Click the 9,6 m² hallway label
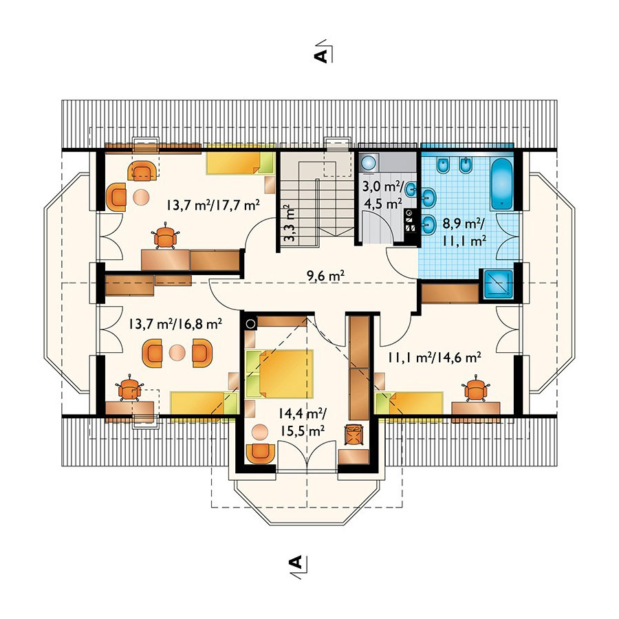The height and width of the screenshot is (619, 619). point(325,276)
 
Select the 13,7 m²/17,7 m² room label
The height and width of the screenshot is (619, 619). point(213,204)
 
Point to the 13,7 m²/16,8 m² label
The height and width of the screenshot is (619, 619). point(175,324)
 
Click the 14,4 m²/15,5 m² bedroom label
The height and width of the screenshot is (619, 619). point(302,422)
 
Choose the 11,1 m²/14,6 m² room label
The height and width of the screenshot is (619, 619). point(434,358)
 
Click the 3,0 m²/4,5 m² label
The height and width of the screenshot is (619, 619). point(382,195)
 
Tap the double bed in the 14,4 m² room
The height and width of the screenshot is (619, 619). point(280,373)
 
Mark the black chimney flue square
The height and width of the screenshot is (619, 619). point(250,324)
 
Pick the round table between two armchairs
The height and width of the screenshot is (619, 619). point(177,353)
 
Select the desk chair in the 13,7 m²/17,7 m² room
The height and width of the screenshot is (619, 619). point(166,236)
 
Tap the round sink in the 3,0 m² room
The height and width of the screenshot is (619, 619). point(369,162)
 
